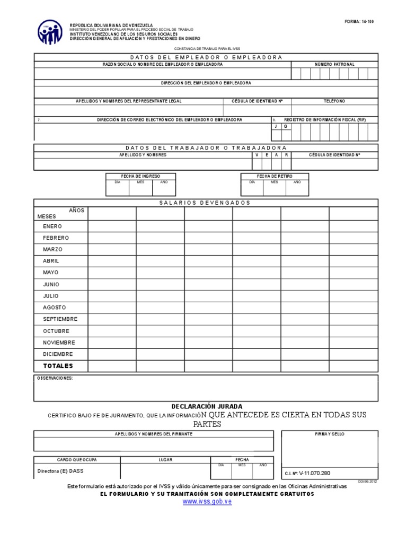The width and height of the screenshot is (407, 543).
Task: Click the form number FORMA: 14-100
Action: coord(359,22)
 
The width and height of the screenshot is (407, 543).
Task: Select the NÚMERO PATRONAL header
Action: coord(334,65)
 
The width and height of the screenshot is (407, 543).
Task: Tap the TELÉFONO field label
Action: coord(334,101)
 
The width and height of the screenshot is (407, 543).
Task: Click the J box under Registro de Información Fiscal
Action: coord(276,127)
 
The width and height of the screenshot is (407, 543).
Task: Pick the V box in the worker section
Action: coord(257,155)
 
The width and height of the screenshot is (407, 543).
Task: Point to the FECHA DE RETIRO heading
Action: coord(275,176)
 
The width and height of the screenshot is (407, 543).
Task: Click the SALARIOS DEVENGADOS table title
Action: coord(206,203)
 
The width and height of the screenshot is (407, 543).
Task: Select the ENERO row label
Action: coord(52,226)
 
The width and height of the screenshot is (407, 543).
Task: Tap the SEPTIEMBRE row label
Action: coord(60,319)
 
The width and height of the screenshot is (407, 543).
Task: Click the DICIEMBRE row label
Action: coord(58,354)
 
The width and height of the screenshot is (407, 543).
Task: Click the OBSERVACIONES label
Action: coord(55,378)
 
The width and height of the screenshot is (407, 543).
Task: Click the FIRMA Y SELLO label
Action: coord(329,434)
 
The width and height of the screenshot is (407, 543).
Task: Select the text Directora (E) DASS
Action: coord(60,471)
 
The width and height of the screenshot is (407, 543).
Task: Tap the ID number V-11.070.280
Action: coord(314,473)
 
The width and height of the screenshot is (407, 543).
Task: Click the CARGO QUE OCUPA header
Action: coord(77,459)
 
